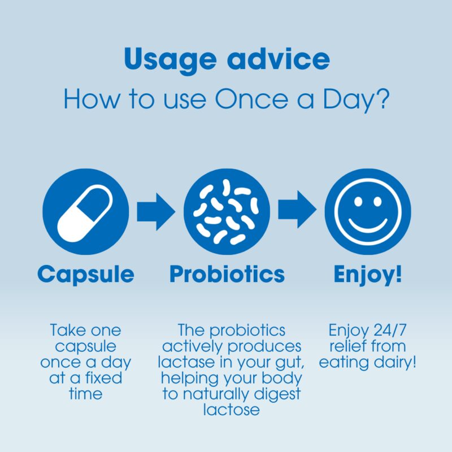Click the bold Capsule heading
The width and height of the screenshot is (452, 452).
[86, 275]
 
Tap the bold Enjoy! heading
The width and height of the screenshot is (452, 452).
[368, 275]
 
